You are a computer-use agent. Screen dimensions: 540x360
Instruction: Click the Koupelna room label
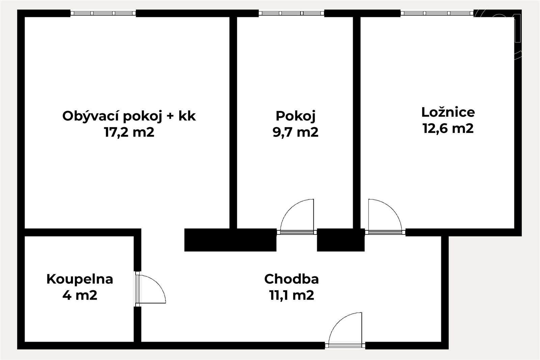pyautogui.click(x=80, y=279)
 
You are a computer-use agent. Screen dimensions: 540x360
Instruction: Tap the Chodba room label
pyautogui.click(x=292, y=279)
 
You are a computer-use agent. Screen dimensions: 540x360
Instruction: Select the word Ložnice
pyautogui.click(x=448, y=112)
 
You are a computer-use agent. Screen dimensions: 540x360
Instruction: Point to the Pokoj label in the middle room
pyautogui.click(x=296, y=116)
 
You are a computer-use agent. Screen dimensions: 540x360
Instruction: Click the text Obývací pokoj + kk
pyautogui.click(x=129, y=116)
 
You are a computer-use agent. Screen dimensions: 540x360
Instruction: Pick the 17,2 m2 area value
pyautogui.click(x=129, y=132)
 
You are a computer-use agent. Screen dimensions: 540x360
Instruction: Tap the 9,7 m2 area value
pyautogui.click(x=296, y=132)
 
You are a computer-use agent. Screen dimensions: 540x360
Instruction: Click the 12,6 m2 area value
pyautogui.click(x=448, y=128)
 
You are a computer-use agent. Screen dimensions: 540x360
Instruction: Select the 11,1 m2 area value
pyautogui.click(x=292, y=295)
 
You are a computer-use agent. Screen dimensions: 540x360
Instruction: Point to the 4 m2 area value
pyautogui.click(x=80, y=295)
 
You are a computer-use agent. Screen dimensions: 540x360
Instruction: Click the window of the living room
pyautogui.click(x=103, y=13)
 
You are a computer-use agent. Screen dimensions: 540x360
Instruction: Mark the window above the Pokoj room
pyautogui.click(x=292, y=13)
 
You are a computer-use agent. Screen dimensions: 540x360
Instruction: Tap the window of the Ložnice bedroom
pyautogui.click(x=437, y=13)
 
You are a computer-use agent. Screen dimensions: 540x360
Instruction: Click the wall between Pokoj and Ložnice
pyautogui.click(x=357, y=122)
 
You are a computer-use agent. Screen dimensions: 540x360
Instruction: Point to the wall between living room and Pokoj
pyautogui.click(x=233, y=122)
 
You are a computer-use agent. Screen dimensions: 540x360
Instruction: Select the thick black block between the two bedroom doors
pyautogui.click(x=341, y=240)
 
